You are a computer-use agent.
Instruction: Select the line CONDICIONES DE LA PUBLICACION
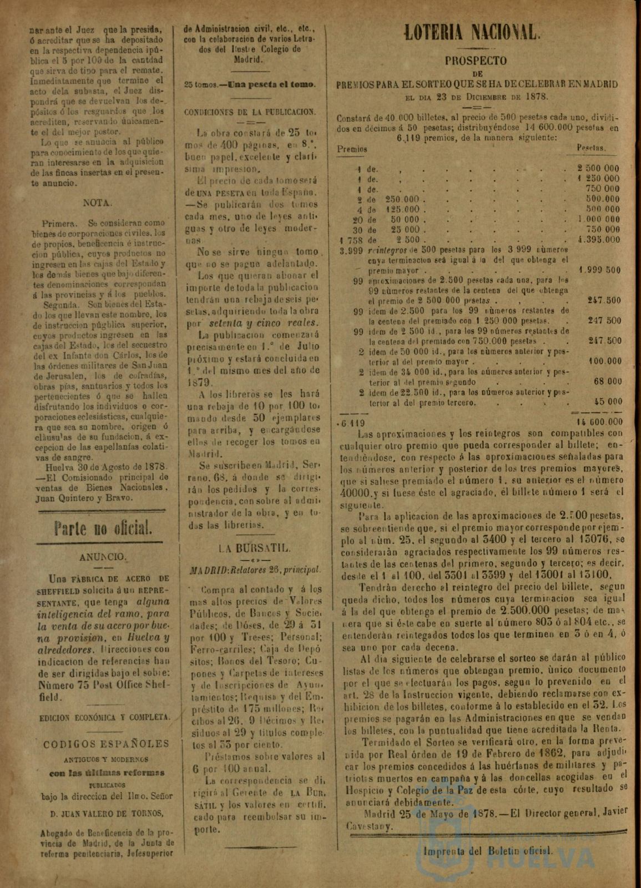pos(250,111)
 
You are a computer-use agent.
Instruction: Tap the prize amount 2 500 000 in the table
pos(598,168)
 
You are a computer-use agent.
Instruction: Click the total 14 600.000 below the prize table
pos(597,421)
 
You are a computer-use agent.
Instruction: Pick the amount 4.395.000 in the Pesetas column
pos(598,240)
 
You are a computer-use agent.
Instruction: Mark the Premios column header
pos(352,149)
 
